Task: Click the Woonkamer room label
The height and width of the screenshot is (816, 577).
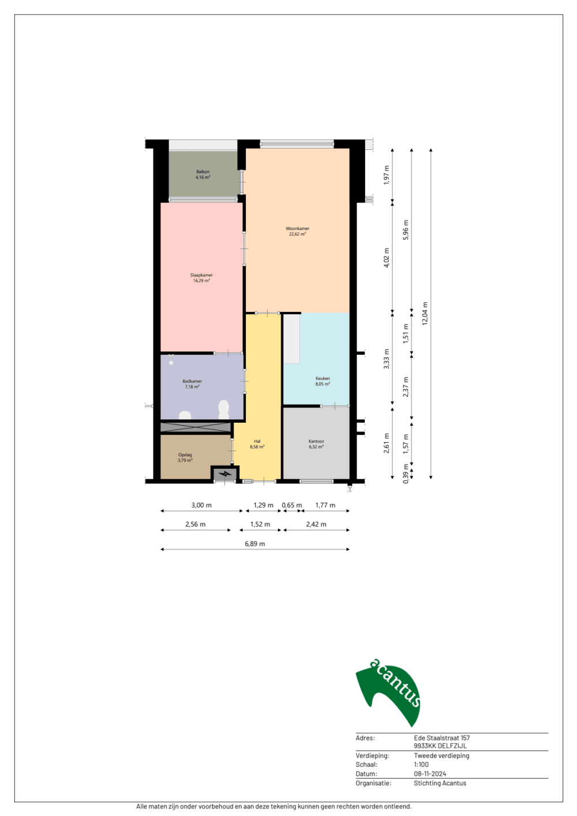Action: coord(297,229)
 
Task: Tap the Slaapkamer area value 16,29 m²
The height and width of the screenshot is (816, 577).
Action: coord(201,281)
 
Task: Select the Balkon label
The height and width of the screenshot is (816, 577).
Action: coord(203,172)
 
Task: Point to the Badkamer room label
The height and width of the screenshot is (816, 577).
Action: coord(192,381)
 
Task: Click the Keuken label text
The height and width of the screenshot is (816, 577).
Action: coord(323,378)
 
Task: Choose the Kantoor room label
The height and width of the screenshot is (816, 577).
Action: coord(316,441)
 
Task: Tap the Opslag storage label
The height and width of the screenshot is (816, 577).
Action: coord(185,454)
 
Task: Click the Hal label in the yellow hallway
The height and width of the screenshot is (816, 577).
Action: coord(257,441)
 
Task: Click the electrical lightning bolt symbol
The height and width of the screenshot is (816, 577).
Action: coord(225,474)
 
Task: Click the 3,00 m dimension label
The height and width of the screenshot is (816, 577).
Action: coord(201,505)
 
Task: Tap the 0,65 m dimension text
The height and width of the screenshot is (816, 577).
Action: coord(291,505)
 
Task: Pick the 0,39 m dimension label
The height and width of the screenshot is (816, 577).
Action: coord(406,473)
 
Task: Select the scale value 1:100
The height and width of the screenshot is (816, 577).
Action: coord(421,765)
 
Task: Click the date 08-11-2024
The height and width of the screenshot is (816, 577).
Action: coord(430,774)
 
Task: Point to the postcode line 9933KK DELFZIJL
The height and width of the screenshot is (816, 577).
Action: coord(440,746)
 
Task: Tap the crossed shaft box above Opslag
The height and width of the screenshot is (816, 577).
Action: coord(196,427)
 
